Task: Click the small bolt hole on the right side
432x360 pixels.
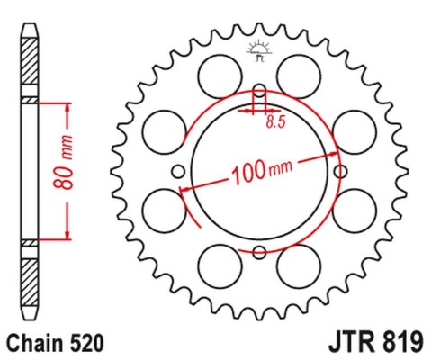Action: coord(340,170)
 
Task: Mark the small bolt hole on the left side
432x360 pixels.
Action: coord(178,170)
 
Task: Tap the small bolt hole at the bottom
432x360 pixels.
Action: coord(259,251)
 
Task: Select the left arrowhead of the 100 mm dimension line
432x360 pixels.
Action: coord(185,190)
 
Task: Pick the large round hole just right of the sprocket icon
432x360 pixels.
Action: coord(299,70)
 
